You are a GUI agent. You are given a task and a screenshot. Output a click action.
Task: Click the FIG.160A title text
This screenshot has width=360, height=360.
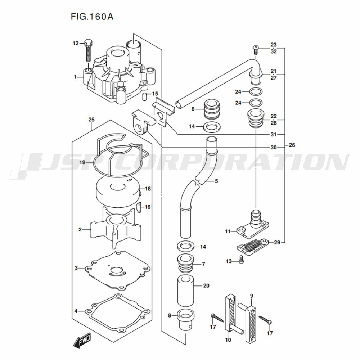pyautogui.click(x=92, y=17)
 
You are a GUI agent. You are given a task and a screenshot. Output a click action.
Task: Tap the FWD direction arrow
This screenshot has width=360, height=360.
pyautogui.click(x=82, y=339)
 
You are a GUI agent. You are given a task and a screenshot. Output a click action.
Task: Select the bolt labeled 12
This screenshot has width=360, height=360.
pyautogui.click(x=89, y=50)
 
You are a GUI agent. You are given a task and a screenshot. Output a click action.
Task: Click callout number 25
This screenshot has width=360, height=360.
pyautogui.click(x=91, y=120)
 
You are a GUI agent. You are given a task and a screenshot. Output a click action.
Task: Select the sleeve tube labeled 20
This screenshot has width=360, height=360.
pyautogui.click(x=186, y=291)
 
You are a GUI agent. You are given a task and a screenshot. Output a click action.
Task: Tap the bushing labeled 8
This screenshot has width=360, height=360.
pyautogui.click(x=186, y=320)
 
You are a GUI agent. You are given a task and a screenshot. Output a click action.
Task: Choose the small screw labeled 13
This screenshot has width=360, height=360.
pyautogui.click(x=241, y=260)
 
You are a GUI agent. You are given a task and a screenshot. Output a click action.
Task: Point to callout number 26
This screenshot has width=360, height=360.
pyautogui.click(x=292, y=145)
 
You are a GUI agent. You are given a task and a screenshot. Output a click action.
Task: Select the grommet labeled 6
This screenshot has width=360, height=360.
pyautogui.click(x=212, y=109)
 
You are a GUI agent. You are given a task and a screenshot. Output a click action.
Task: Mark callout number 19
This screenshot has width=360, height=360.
pyautogui.click(x=82, y=163)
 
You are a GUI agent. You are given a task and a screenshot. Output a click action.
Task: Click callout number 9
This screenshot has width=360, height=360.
pyautogui.click(x=252, y=296)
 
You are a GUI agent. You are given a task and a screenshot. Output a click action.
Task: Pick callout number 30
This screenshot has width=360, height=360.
pyautogui.click(x=274, y=147)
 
